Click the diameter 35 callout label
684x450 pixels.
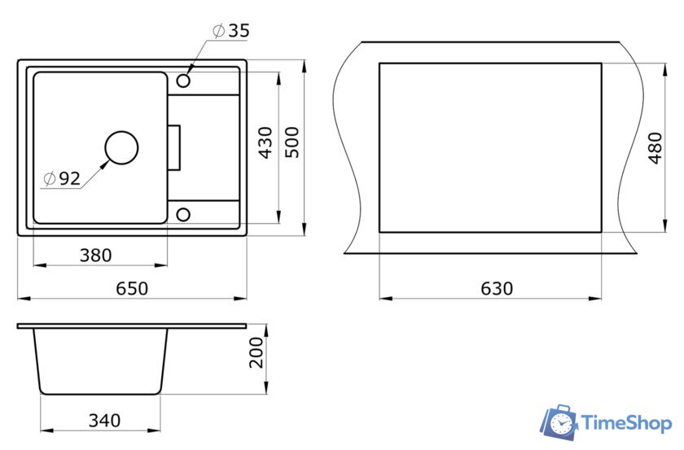point(231,31)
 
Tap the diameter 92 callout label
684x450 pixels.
point(62,178)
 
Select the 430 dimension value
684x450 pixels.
point(265,142)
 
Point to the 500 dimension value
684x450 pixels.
point(292,142)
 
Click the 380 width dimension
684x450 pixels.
point(95,255)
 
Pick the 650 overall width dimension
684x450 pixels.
point(132,288)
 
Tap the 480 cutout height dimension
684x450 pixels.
point(655,148)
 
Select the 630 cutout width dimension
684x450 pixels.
point(497,288)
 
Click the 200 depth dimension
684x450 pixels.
point(256,353)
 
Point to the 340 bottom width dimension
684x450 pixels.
point(104,421)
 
